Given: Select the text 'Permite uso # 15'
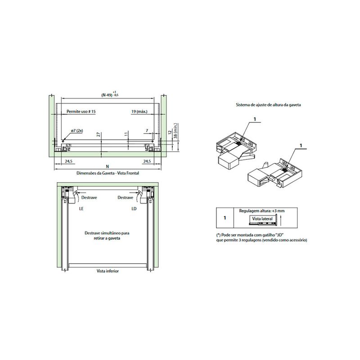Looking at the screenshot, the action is coord(81,112).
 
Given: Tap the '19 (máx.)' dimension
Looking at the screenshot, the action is coord(139,112).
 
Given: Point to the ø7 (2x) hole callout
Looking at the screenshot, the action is coord(77,130).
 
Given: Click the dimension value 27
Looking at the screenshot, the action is coord(99,135).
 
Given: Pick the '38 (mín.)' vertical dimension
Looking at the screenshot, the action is coord(175,131).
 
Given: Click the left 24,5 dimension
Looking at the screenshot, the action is coord(68,161).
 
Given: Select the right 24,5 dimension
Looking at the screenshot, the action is coord(147,161).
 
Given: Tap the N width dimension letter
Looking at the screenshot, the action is coord(107,166).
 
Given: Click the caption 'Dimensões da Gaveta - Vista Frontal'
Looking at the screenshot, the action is coord(108,173).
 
